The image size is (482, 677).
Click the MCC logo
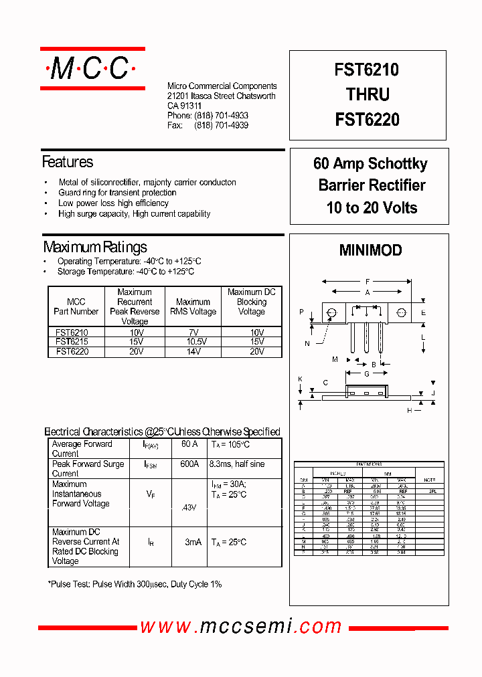click(x=92, y=68)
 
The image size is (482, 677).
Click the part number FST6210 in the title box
click(x=367, y=70)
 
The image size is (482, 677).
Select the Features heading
click(x=68, y=162)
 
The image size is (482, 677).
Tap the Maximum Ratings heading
click(x=95, y=247)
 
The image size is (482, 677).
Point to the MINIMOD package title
click(x=370, y=250)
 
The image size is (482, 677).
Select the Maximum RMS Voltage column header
click(x=193, y=306)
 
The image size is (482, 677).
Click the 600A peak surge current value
click(x=189, y=464)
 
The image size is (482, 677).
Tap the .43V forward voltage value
click(x=189, y=507)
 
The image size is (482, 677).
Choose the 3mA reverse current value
click(x=193, y=542)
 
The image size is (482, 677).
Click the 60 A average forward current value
click(x=189, y=444)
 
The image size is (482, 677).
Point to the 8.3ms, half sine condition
click(x=237, y=464)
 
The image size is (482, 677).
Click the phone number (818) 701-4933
click(x=222, y=116)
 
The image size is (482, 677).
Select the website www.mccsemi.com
click(x=241, y=626)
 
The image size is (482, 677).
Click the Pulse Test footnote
click(x=135, y=584)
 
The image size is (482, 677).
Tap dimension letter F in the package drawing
click(x=368, y=282)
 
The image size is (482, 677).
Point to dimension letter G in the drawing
click(x=367, y=374)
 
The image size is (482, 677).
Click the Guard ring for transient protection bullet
click(x=117, y=193)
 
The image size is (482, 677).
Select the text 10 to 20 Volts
click(x=372, y=207)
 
